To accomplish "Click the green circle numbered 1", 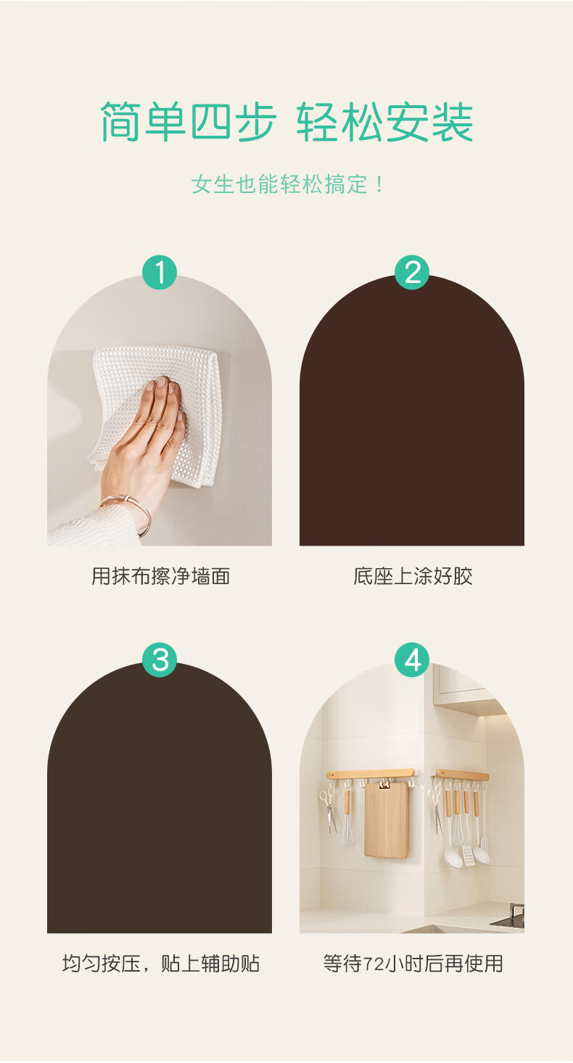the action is (160, 272).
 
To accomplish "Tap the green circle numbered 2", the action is (412, 272).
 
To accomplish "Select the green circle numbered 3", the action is (160, 660).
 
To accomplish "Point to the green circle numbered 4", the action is (412, 660).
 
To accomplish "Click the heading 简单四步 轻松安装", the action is (286, 121).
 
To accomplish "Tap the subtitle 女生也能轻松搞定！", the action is (287, 184).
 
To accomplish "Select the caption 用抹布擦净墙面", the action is (161, 576).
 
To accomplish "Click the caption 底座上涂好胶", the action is (413, 576).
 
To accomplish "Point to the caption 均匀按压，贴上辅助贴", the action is (161, 964).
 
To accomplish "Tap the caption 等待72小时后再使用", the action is (413, 964).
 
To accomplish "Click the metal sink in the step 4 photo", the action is (509, 916).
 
